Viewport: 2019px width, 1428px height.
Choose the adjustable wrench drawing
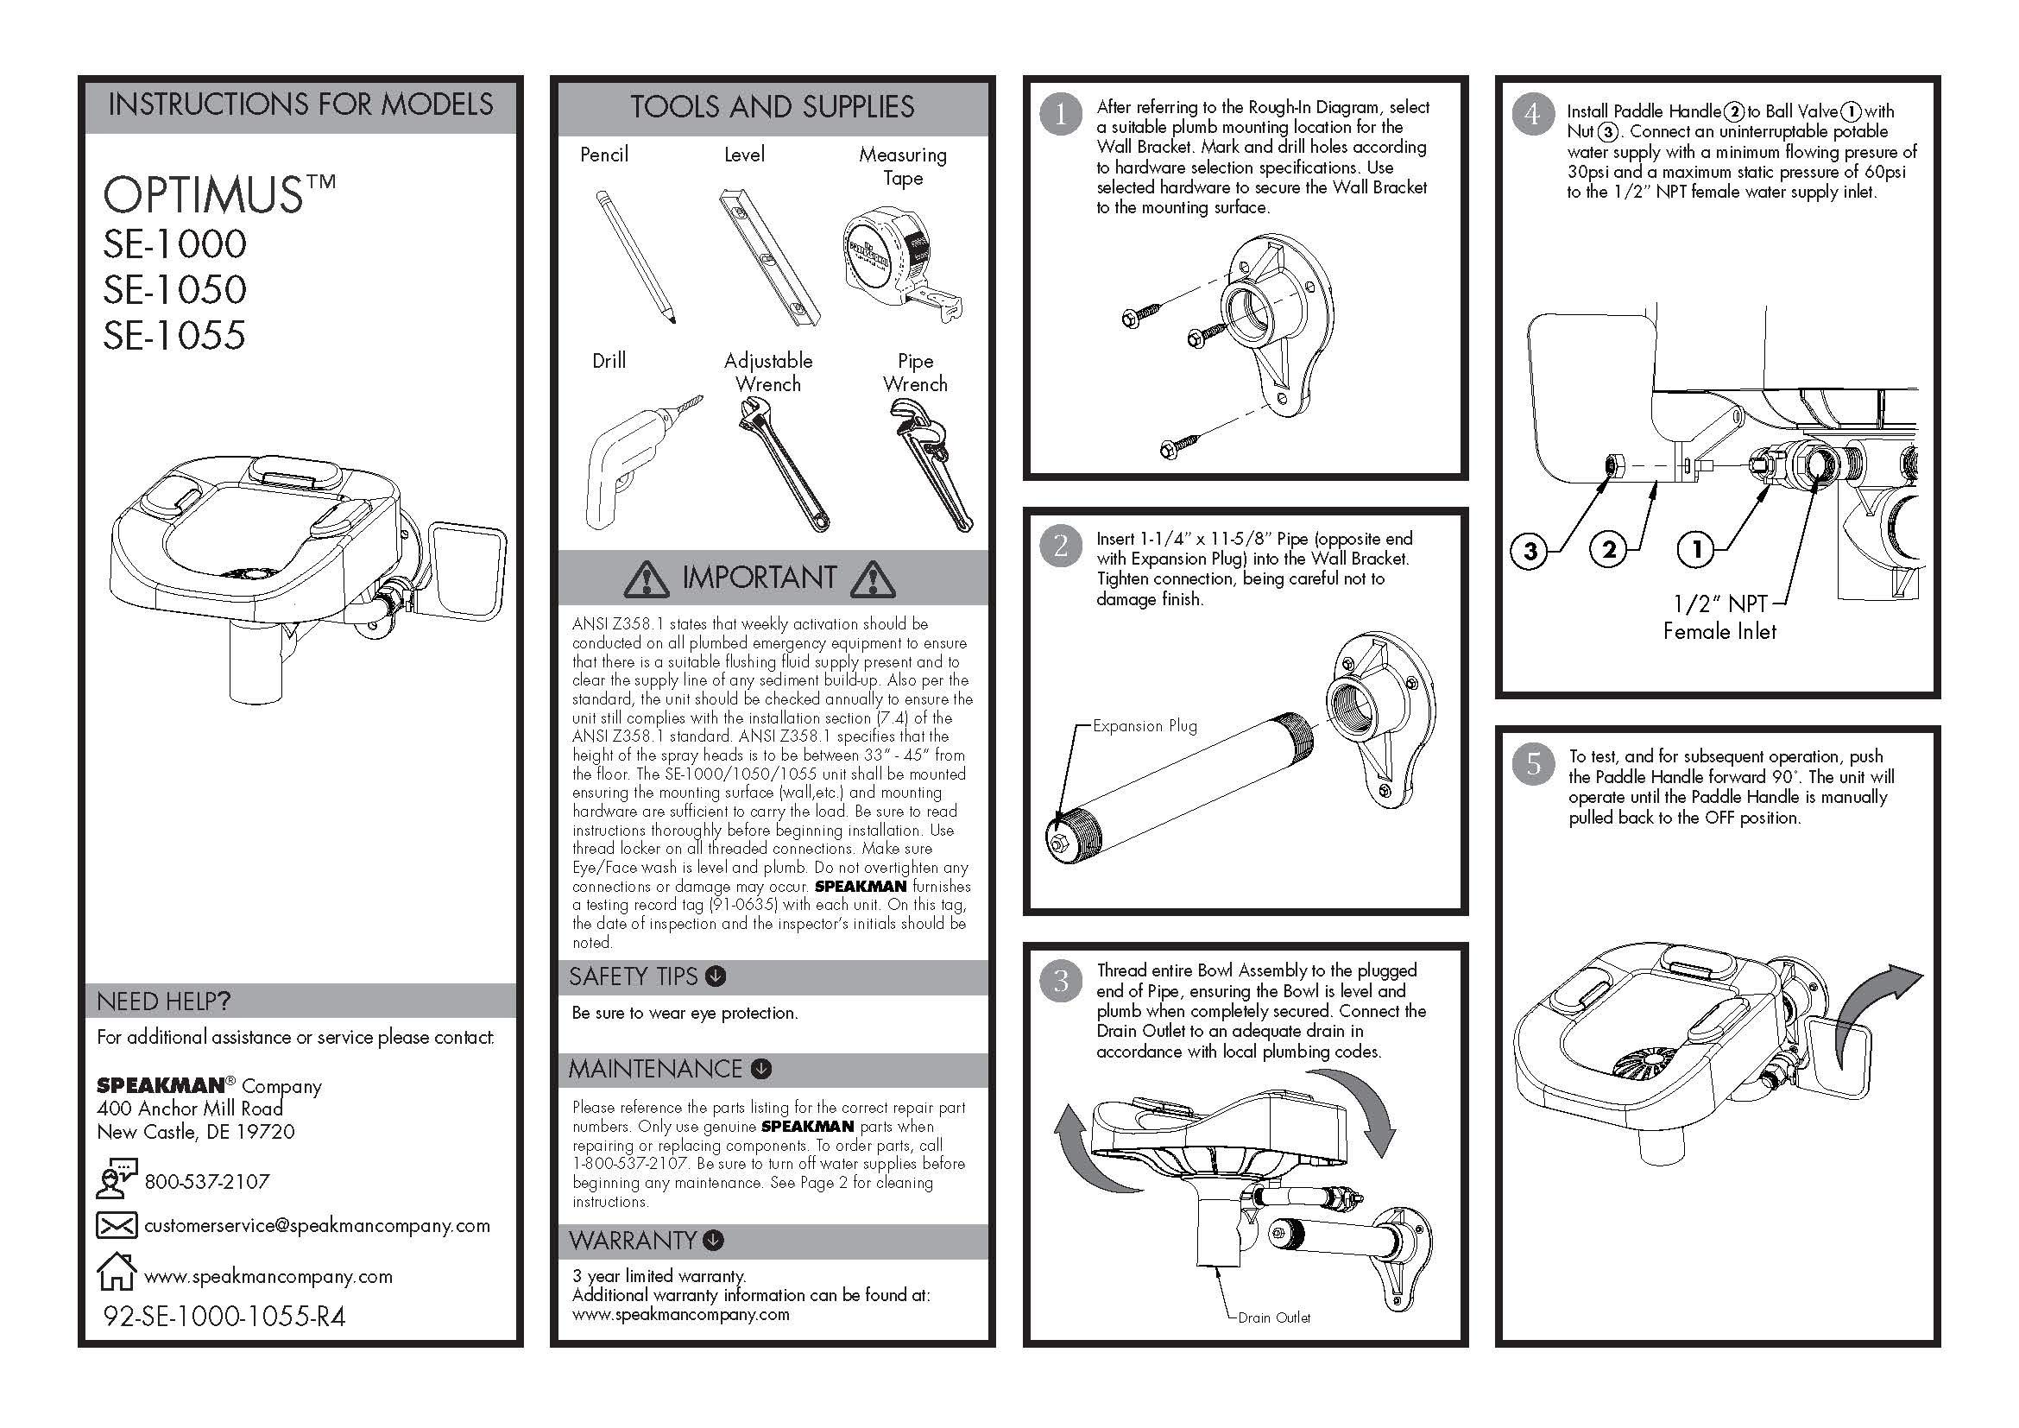[782, 463]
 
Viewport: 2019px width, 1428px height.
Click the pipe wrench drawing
[930, 463]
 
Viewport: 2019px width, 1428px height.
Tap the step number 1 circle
[1060, 115]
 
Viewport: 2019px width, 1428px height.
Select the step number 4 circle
[1532, 115]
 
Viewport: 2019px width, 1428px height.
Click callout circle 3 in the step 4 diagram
[1530, 552]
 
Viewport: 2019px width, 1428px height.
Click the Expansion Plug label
[1144, 726]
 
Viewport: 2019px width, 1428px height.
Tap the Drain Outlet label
[1273, 1317]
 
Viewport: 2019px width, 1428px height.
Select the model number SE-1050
[175, 290]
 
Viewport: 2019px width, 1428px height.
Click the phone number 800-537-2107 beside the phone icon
[206, 1181]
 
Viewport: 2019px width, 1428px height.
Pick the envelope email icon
[116, 1225]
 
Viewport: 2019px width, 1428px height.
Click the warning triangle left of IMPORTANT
[647, 578]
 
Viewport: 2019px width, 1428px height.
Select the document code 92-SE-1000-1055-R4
[224, 1317]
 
